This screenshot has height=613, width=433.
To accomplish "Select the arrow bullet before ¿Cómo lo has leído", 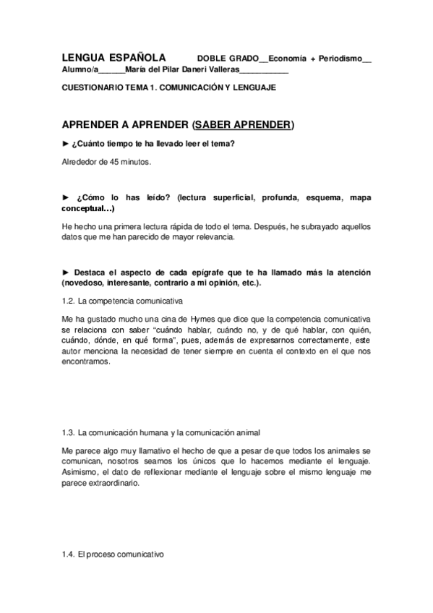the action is click(x=66, y=197).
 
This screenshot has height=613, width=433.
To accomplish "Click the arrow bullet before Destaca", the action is click(x=66, y=272).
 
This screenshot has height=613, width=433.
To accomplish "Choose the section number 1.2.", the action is click(x=68, y=299).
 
